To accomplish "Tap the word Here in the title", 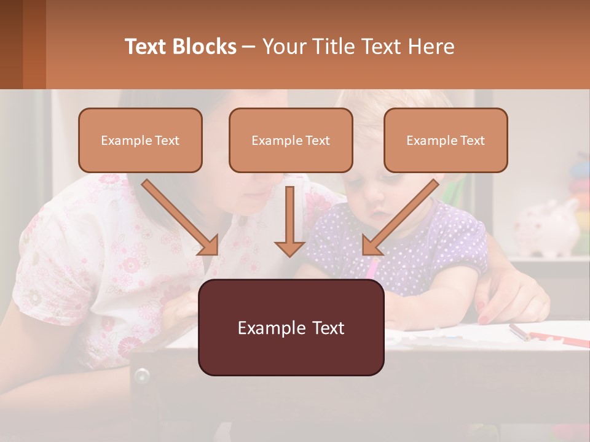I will point(431,47).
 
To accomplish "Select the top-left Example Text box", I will point(140,141).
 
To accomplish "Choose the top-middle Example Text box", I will point(291,141).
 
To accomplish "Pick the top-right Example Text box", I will point(446,141).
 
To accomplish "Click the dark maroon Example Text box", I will point(291,328).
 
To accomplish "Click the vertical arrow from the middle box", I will point(289,221).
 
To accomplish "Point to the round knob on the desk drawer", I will point(143,374).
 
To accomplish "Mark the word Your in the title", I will point(282,47).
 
